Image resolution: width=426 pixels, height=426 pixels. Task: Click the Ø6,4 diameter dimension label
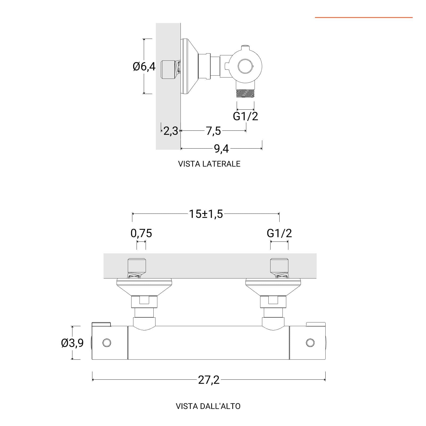click(144, 66)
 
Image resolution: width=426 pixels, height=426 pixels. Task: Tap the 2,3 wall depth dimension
click(171, 131)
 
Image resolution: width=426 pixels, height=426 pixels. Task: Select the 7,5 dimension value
click(213, 131)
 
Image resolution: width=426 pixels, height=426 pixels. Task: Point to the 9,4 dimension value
click(222, 149)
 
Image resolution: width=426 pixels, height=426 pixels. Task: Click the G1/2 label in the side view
click(245, 116)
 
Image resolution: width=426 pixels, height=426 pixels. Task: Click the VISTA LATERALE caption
click(209, 164)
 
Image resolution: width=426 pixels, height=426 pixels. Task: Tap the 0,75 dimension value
click(141, 233)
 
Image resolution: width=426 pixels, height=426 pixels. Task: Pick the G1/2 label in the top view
click(279, 233)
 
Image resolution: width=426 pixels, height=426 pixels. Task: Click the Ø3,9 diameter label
click(72, 343)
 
